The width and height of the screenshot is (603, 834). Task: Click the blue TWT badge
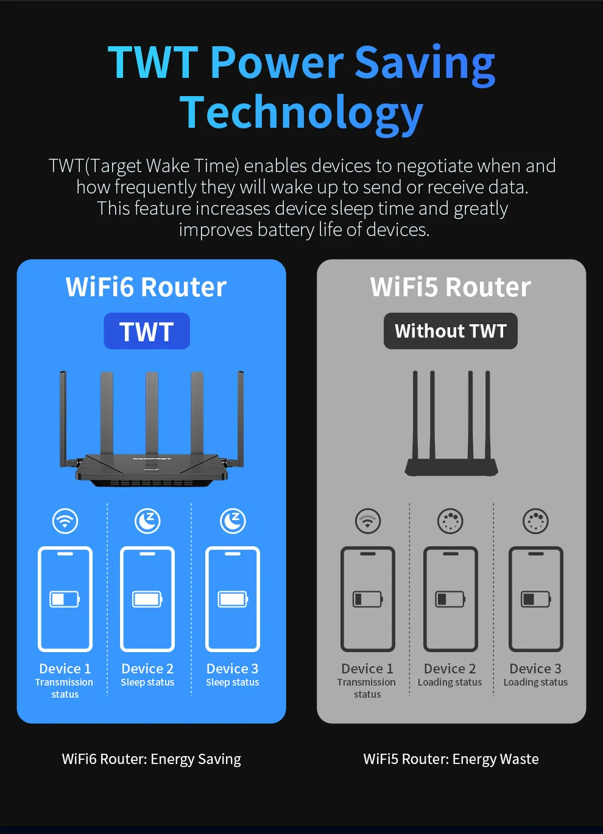click(147, 332)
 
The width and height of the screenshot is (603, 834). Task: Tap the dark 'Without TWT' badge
click(451, 331)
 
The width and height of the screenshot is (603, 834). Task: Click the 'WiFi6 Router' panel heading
click(146, 287)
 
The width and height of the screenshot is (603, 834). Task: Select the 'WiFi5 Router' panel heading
click(451, 287)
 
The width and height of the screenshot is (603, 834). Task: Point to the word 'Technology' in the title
click(301, 113)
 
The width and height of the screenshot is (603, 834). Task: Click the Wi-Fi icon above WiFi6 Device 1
click(65, 521)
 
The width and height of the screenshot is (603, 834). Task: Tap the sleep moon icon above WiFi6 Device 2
click(147, 521)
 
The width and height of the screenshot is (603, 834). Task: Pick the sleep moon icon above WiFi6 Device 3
click(233, 521)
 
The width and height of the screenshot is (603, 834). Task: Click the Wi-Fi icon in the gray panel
click(368, 521)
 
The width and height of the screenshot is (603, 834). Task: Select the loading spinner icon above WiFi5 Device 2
click(450, 521)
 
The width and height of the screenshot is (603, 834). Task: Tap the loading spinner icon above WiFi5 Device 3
click(535, 521)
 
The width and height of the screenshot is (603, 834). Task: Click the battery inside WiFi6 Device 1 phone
click(65, 599)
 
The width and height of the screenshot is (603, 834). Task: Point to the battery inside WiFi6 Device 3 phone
click(233, 599)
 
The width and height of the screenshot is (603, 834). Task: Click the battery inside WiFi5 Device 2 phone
click(450, 599)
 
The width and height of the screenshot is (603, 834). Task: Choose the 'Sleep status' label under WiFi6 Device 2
click(147, 683)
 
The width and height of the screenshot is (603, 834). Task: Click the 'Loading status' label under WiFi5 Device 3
click(535, 683)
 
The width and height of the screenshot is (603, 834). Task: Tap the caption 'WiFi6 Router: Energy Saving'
click(152, 759)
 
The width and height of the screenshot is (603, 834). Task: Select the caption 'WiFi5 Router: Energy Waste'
click(451, 759)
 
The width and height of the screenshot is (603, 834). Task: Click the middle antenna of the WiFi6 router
click(152, 414)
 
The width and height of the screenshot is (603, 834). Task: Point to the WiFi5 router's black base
click(452, 467)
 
